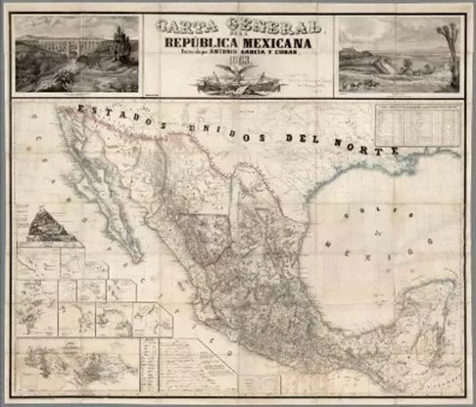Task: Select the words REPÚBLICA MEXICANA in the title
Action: [237, 42]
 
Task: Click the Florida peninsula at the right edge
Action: [450, 191]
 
